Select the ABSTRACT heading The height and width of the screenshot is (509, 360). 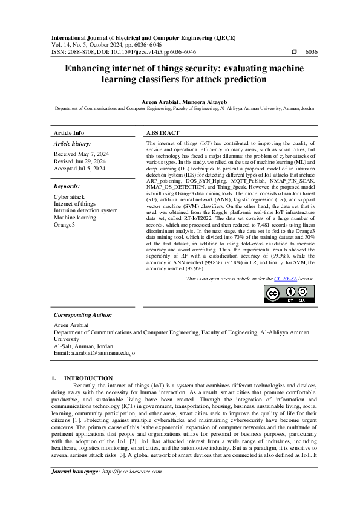(163, 132)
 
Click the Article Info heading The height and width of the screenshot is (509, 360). (69, 132)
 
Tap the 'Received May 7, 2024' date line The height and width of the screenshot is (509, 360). (80, 154)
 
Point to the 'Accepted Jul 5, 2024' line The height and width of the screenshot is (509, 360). (79, 169)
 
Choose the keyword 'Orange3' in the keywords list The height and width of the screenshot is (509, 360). (64, 224)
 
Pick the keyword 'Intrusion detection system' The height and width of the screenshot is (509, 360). (85, 210)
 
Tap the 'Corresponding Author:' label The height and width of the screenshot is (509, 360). (82, 315)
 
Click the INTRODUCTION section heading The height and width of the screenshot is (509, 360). (88, 378)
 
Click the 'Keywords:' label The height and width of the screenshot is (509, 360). (67, 187)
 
